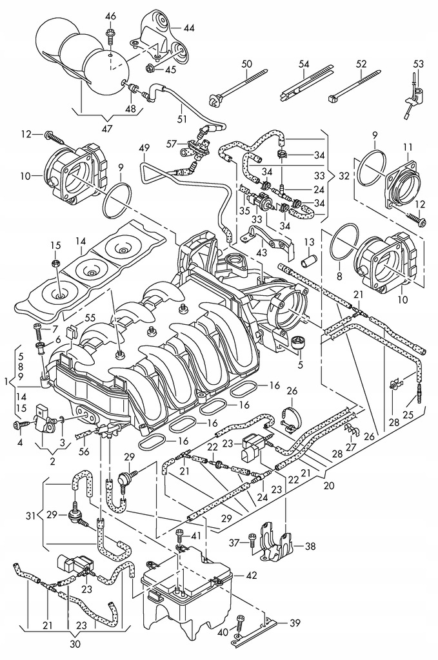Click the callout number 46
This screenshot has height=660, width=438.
coord(110,15)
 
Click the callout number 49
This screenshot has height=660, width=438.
coord(143,149)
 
